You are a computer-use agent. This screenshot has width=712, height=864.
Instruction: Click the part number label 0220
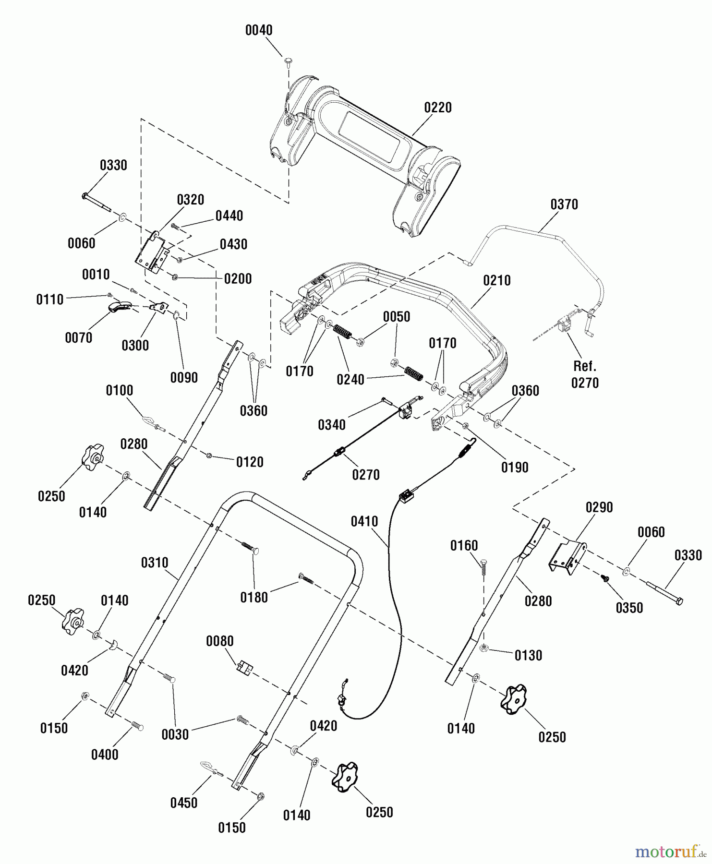437,108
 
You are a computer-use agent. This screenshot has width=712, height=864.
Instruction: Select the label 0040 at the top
259,30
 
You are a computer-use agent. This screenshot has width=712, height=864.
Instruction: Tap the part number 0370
564,204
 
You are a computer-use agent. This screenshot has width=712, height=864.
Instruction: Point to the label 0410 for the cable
364,521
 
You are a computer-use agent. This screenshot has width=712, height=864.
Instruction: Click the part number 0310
155,563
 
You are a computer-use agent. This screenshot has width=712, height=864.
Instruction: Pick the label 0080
220,641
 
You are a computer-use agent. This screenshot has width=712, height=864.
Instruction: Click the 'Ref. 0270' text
585,375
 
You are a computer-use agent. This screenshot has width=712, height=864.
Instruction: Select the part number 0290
599,507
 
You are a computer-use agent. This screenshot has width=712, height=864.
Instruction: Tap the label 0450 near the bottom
184,803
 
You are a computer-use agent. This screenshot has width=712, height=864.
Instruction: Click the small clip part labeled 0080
245,668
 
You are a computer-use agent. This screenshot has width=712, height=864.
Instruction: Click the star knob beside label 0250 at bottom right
513,699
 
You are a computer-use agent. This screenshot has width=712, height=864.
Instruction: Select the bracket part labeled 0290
567,557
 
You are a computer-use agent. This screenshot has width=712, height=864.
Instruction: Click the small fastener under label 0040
289,60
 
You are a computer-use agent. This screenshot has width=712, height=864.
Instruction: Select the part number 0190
515,468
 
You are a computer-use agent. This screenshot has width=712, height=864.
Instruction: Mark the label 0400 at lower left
105,755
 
